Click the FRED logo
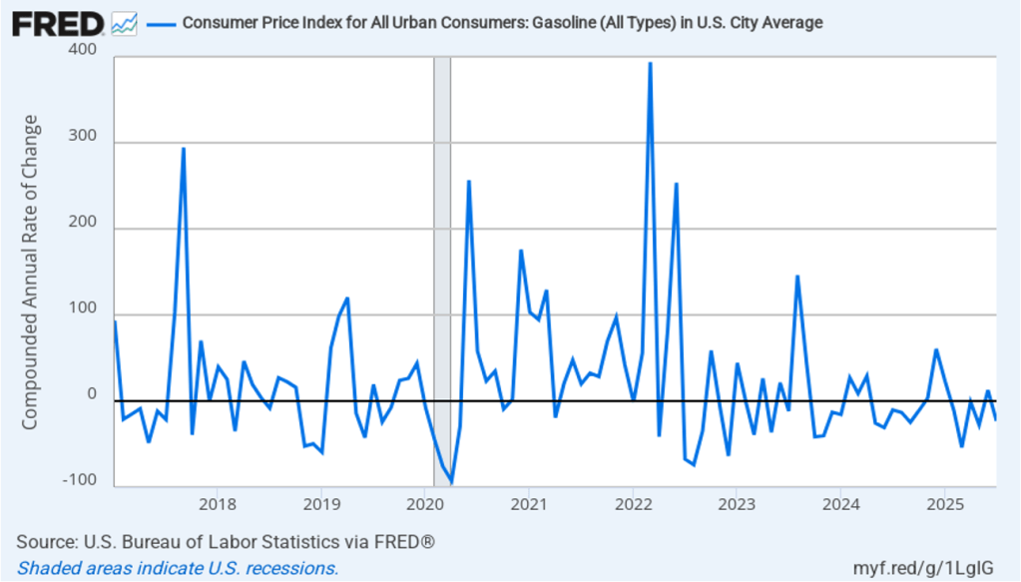coord(57,22)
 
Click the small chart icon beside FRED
coord(125,22)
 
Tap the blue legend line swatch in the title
coord(160,22)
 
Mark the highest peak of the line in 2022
coord(650,63)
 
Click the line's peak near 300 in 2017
coord(184,149)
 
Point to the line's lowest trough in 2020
coord(451,482)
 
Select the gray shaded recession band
coord(441,270)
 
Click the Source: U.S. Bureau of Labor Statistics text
coord(226,542)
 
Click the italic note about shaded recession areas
coord(178,568)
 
